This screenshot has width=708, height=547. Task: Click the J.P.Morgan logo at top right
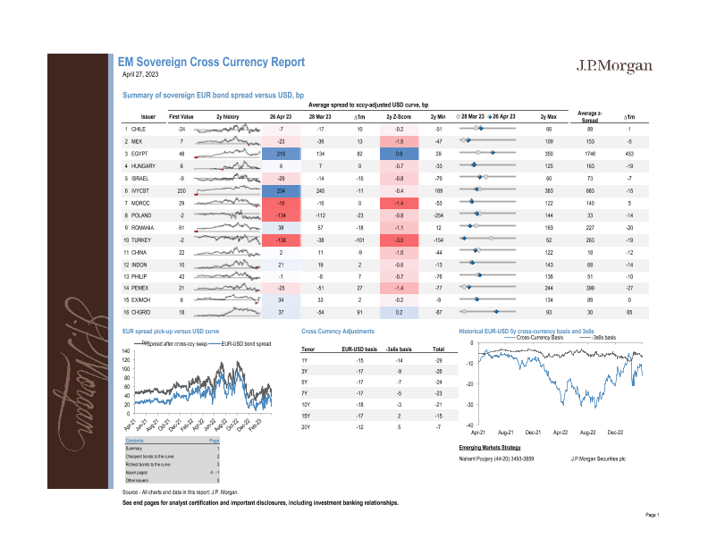[613, 67]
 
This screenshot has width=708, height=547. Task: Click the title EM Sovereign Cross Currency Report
[212, 63]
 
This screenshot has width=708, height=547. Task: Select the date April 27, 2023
[139, 76]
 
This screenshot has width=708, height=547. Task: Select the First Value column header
[181, 117]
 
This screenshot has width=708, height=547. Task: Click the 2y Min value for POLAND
[438, 215]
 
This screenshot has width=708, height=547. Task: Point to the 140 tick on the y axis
[127, 351]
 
